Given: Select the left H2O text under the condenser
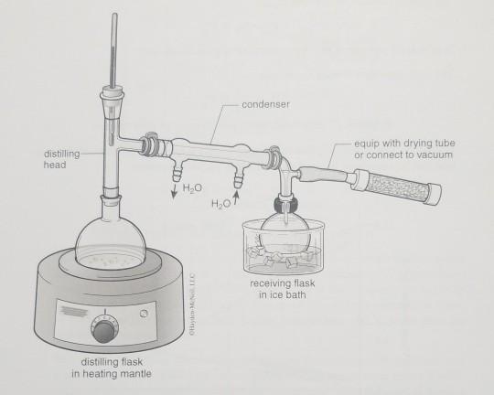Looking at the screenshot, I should (x=192, y=187).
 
